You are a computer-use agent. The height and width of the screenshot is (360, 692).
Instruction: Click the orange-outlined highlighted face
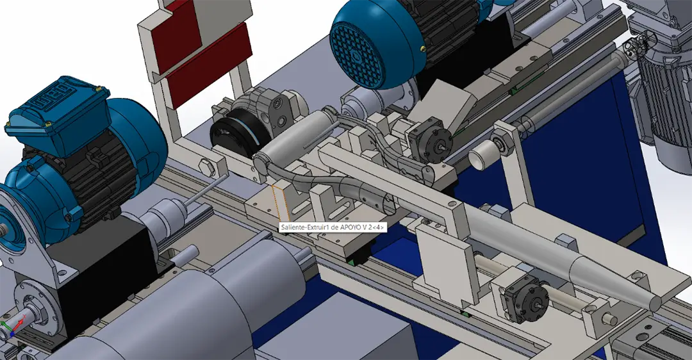click(x=281, y=204)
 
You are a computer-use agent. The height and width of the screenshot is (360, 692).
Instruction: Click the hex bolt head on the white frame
click(x=207, y=168)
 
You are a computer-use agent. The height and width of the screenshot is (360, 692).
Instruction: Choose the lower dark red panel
click(x=208, y=65)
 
